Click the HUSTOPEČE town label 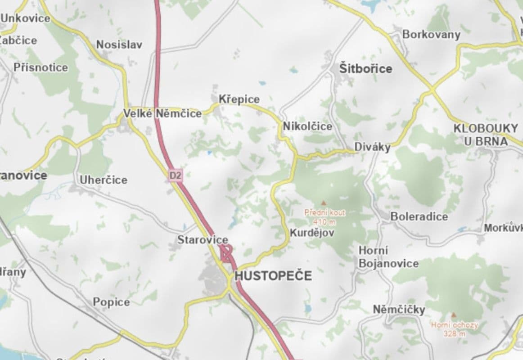pyautogui.click(x=273, y=275)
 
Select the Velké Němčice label pyautogui.click(x=162, y=113)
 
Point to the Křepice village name pyautogui.click(x=239, y=99)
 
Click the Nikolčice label pyautogui.click(x=307, y=126)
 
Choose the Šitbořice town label pyautogui.click(x=365, y=69)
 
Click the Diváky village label pyautogui.click(x=372, y=147)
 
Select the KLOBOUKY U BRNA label pyautogui.click(x=486, y=135)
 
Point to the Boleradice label pyautogui.click(x=419, y=216)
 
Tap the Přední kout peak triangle pyautogui.click(x=323, y=203)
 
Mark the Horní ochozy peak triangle pyautogui.click(x=454, y=315)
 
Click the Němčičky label pyautogui.click(x=399, y=310)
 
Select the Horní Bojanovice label pyautogui.click(x=388, y=257)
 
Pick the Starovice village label pyautogui.click(x=203, y=240)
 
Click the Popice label pyautogui.click(x=111, y=302)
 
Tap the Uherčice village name pyautogui.click(x=104, y=180)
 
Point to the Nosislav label pyautogui.click(x=119, y=45)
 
